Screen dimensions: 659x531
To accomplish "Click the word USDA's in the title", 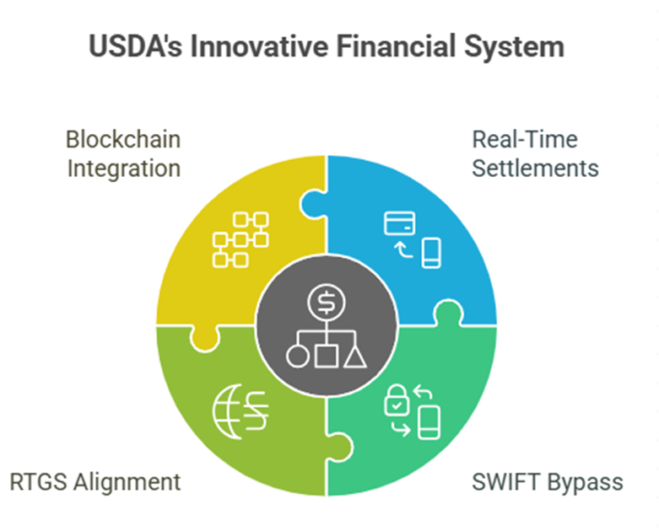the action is [135, 46].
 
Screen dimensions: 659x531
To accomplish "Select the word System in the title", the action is [514, 47].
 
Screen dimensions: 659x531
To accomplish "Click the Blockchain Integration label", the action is [123, 154].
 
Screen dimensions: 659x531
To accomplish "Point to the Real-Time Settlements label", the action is [536, 154].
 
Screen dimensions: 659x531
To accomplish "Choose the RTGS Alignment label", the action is [95, 481].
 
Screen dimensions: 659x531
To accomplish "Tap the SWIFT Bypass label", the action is [548, 482].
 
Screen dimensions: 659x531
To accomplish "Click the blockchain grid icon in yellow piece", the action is [240, 239].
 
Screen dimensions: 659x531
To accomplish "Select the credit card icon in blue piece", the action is [400, 223].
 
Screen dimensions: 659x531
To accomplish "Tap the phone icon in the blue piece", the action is [431, 253].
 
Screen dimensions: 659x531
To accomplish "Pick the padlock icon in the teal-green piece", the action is [397, 400].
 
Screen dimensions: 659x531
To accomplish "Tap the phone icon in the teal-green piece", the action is [429, 423].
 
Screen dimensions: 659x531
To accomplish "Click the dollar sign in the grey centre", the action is [327, 303].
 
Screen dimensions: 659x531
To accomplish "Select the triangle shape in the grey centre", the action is [354, 357].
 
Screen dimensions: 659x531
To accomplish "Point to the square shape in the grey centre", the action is [327, 357].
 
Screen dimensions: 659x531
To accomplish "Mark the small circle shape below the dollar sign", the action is [298, 357].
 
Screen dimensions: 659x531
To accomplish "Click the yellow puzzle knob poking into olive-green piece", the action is [205, 338].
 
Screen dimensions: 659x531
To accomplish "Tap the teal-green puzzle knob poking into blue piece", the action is [448, 313].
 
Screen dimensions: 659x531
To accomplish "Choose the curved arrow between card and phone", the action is [402, 250].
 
